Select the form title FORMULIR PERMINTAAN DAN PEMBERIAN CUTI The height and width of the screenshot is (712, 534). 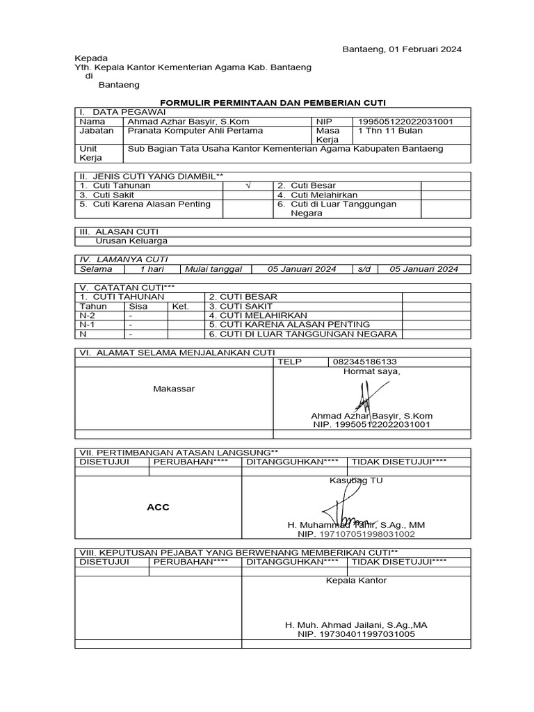click(x=273, y=102)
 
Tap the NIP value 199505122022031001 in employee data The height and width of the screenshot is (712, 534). click(x=405, y=122)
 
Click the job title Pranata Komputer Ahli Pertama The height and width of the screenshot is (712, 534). click(x=186, y=131)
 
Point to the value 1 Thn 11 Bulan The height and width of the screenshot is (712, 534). click(x=390, y=131)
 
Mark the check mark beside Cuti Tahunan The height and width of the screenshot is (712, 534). click(x=248, y=186)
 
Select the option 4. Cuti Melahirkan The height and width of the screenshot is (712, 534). click(x=306, y=195)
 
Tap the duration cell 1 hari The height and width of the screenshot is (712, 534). click(x=152, y=269)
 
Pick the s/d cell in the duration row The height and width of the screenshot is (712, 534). click(x=364, y=269)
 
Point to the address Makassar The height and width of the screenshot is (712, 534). click(x=174, y=388)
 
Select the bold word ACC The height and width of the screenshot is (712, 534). click(x=158, y=507)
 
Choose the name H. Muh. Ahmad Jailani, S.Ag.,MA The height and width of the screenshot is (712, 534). click(x=356, y=625)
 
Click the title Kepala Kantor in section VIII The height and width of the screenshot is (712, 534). click(x=356, y=580)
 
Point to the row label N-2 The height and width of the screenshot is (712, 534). click(x=88, y=315)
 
